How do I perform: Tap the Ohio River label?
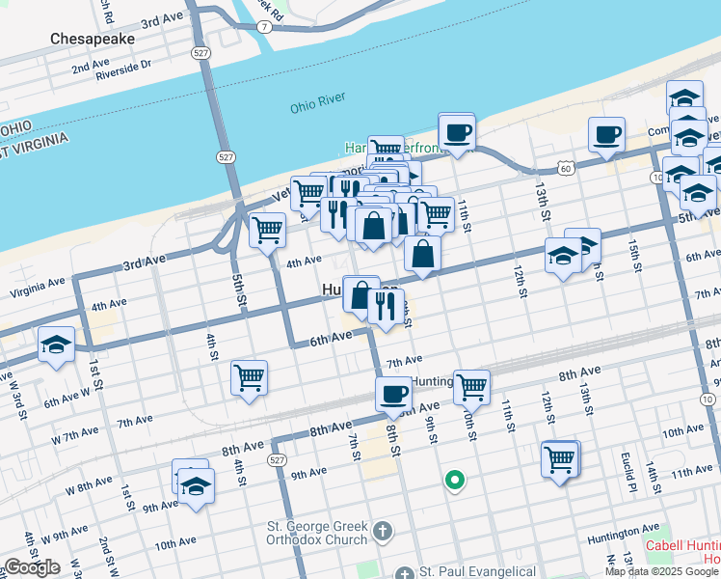[317, 108]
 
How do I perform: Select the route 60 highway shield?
[566, 168]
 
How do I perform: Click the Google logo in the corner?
[32, 567]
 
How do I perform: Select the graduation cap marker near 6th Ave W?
[56, 345]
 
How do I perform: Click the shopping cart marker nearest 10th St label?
[471, 388]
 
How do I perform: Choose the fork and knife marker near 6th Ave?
[386, 308]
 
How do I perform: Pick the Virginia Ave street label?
[37, 286]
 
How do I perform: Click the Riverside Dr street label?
[125, 65]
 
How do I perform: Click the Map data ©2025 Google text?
[662, 571]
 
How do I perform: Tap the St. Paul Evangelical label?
[477, 573]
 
